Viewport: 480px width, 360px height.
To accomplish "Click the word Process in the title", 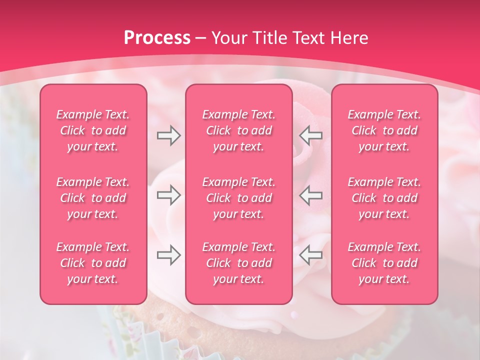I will [157, 38].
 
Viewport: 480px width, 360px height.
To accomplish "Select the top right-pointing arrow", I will [168, 135].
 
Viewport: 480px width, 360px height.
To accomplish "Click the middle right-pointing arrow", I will [168, 195].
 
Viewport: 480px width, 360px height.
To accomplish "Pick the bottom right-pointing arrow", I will [168, 255].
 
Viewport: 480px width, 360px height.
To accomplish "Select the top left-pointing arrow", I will [311, 135].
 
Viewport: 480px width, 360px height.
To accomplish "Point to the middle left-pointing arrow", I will [311, 195].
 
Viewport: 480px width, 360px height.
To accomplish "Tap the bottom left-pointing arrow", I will [311, 255].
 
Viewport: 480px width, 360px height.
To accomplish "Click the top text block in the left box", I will [93, 130].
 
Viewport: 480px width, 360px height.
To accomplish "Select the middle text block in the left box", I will [93, 198].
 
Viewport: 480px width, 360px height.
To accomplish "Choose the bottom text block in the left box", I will [93, 263].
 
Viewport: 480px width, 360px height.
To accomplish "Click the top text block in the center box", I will [239, 130].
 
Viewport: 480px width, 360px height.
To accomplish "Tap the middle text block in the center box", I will [239, 198].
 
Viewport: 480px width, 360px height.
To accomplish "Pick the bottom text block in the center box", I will [239, 263].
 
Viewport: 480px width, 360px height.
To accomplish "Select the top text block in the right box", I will [384, 130].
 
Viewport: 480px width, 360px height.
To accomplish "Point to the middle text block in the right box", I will [384, 198].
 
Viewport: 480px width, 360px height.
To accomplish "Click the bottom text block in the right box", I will [384, 263].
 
